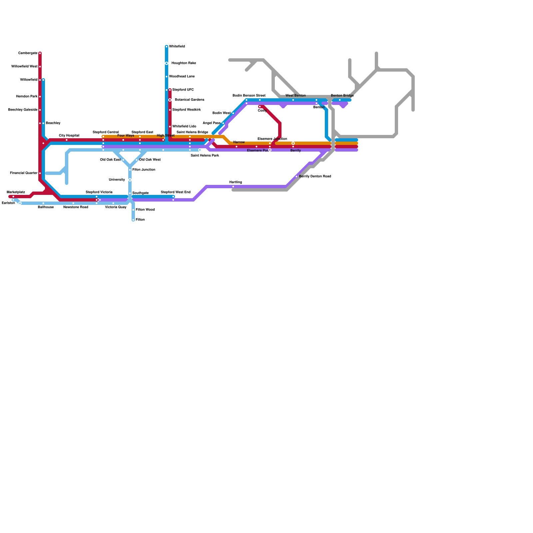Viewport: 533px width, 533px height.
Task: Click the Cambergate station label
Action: (x=28, y=53)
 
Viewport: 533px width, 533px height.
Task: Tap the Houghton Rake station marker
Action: (x=167, y=63)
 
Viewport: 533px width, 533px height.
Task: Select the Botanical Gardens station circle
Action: (x=170, y=100)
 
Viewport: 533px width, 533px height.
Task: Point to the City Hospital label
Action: (x=69, y=136)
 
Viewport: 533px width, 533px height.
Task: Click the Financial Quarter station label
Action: (x=24, y=173)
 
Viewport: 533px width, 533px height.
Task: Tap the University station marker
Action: (x=130, y=180)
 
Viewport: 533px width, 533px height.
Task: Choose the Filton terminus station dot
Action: (x=133, y=220)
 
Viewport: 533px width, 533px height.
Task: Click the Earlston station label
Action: (x=8, y=203)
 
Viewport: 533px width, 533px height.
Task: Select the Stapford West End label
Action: (x=176, y=192)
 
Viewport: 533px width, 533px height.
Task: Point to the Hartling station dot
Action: (x=233, y=187)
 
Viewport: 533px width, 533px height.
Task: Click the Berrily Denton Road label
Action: (x=315, y=177)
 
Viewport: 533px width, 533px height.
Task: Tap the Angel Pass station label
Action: (x=212, y=123)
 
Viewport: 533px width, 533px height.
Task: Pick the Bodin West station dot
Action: (x=233, y=113)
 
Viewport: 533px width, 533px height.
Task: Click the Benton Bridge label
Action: (x=342, y=96)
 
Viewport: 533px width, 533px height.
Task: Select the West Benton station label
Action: (x=295, y=96)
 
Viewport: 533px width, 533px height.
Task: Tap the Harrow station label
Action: (x=239, y=142)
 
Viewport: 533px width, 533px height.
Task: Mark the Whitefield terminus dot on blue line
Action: (x=167, y=47)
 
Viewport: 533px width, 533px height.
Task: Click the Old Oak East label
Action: (x=110, y=160)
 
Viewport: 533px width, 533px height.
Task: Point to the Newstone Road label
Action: (x=76, y=207)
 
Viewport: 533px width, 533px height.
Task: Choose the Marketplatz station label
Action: (x=16, y=192)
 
